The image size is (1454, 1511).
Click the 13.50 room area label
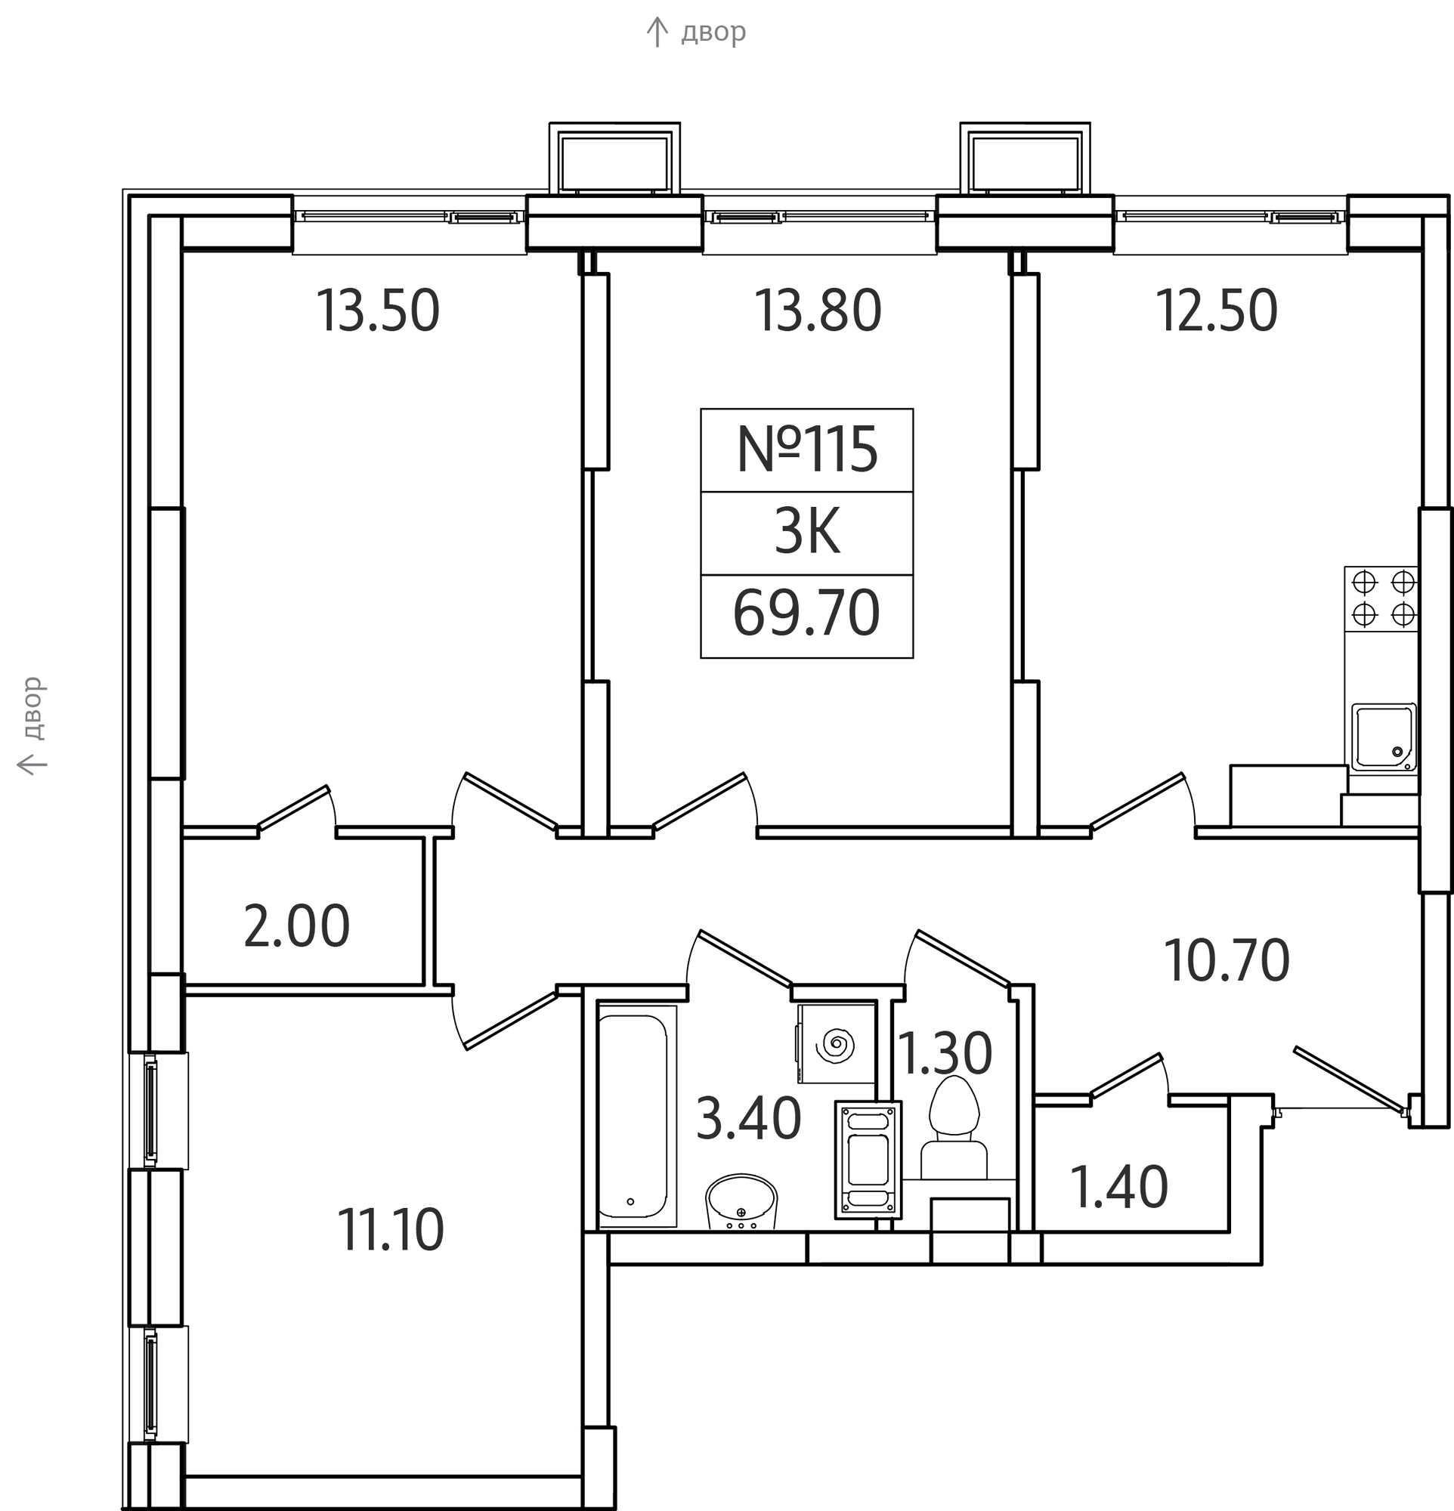pos(378,311)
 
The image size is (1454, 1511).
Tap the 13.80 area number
pos(818,311)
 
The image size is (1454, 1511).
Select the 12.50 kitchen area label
pos(1217,311)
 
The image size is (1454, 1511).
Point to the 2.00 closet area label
pos(297,927)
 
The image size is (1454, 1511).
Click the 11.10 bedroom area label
pos(391,1231)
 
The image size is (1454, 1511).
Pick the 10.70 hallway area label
pos(1227,960)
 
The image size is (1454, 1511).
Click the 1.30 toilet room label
pos(945,1054)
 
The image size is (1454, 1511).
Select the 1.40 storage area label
pos(1119,1188)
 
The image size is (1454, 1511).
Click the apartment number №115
pos(807,450)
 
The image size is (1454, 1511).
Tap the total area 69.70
pos(806,613)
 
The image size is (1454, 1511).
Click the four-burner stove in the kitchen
pos(1382,599)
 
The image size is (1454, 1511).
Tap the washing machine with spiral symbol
pos(837,1044)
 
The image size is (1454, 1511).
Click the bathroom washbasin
pos(741,1201)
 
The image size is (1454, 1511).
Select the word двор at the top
pos(713,32)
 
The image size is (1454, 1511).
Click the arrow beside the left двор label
pos(32,764)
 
